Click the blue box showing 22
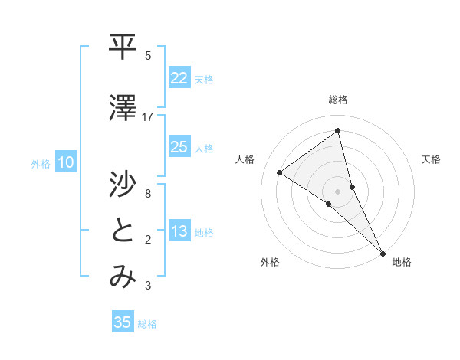pos(179,77)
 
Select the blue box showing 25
pos(179,147)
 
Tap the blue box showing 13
pos(179,231)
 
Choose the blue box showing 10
pos(66,162)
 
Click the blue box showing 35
pos(123,322)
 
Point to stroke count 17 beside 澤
pos(148,116)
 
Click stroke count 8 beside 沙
pos(148,193)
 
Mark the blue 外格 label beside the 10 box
pos(40,163)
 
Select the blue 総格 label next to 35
pos(147,324)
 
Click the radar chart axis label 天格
pos(432,159)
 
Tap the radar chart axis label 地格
pos(402,262)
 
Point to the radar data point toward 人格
pos(279,173)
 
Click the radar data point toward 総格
pos(338,131)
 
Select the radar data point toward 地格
pos(383,252)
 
